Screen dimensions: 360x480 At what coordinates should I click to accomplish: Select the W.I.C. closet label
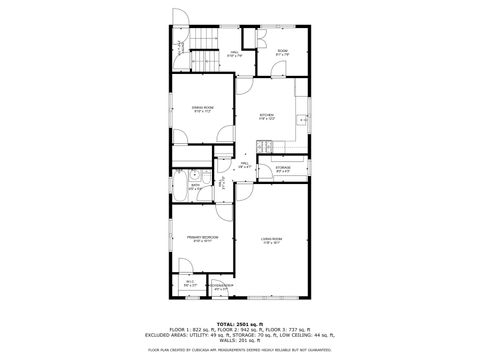click(x=189, y=283)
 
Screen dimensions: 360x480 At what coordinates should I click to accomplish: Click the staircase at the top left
click(x=205, y=41)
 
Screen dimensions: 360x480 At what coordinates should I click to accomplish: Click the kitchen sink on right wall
click(x=303, y=120)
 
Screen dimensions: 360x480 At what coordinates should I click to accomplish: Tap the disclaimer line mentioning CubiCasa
click(x=239, y=351)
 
